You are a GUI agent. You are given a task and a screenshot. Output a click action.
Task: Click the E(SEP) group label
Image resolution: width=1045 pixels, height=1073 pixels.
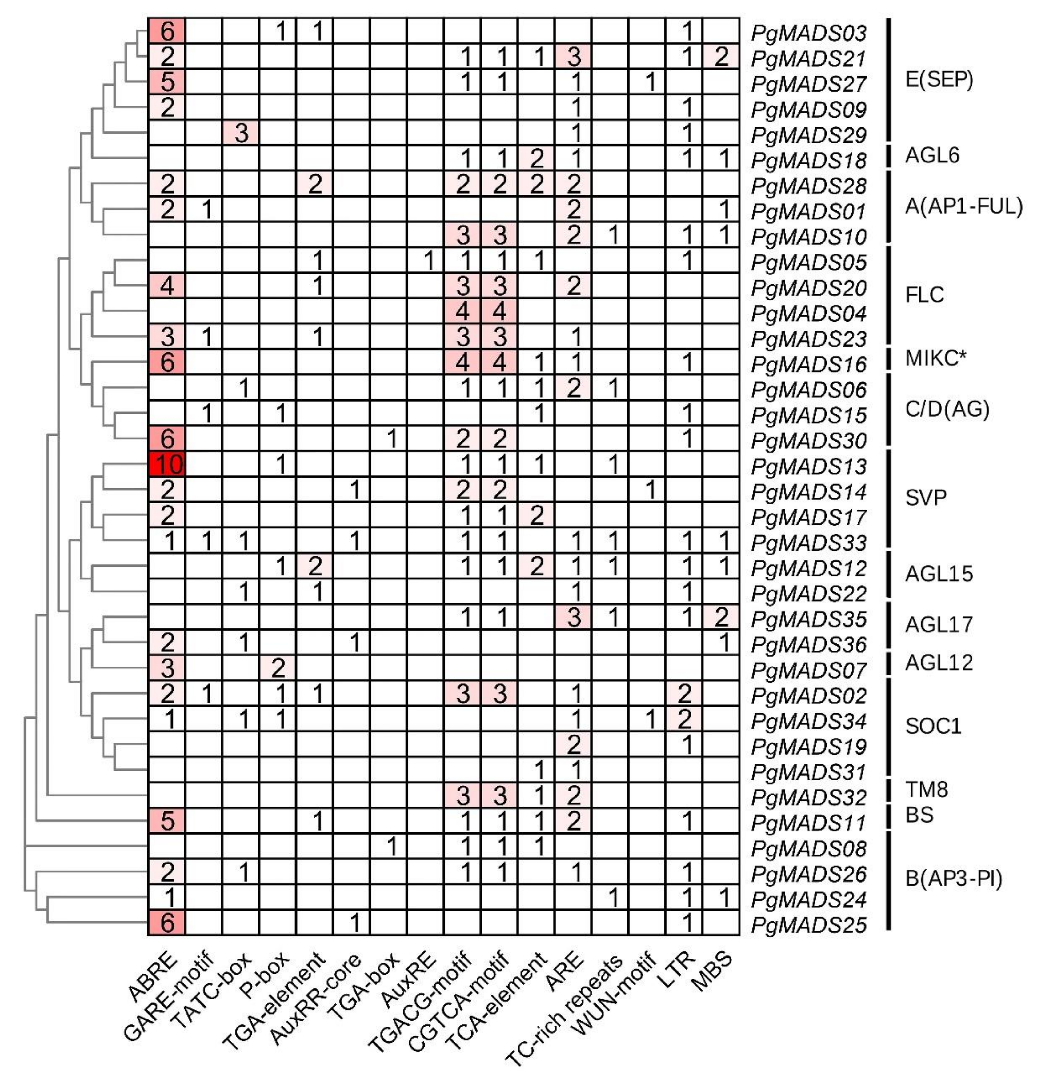click(x=939, y=80)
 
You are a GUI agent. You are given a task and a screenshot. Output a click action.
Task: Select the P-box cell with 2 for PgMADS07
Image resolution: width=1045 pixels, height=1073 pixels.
click(x=278, y=668)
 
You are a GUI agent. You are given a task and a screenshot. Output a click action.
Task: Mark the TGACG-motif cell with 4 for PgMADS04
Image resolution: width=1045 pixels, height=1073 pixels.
click(x=463, y=311)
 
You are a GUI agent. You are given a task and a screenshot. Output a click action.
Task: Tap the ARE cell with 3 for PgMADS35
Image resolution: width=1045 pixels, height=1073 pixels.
click(x=574, y=618)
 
